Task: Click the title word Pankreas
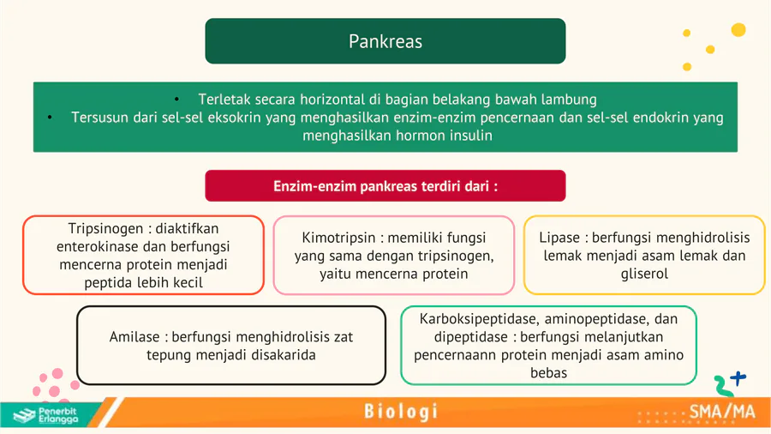[385, 41]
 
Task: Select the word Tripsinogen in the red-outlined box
[105, 229]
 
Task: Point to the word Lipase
[559, 238]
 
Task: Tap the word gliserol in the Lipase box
[644, 274]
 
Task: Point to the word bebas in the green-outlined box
[549, 373]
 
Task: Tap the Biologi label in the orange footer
[401, 412]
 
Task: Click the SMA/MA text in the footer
[722, 412]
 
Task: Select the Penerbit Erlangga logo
[45, 415]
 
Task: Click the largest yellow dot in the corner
[738, 30]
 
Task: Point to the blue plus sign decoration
[738, 378]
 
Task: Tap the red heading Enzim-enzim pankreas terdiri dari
[385, 186]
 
